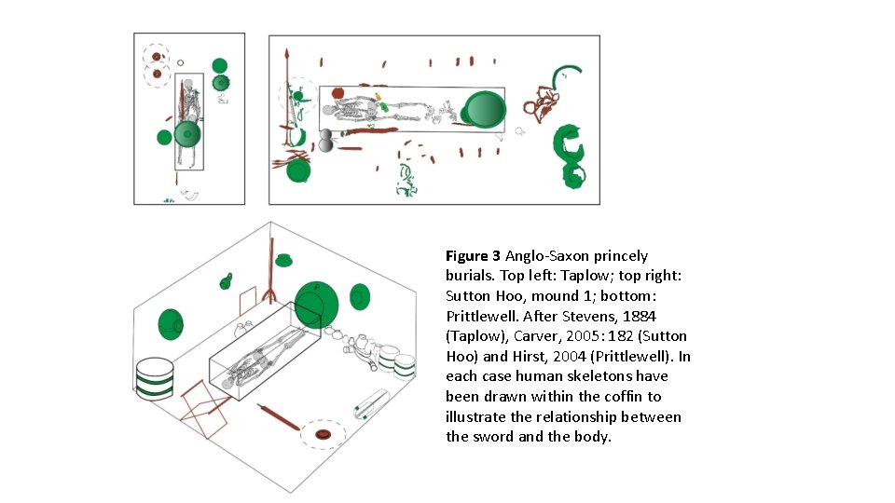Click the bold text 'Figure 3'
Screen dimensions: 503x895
coord(473,255)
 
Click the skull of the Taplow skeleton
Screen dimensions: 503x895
coord(188,86)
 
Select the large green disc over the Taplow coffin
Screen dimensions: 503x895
coord(187,134)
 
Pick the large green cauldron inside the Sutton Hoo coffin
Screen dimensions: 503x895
coord(484,109)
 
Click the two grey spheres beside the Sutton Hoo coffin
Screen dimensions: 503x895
coord(325,140)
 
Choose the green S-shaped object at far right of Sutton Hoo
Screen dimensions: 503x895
coord(569,154)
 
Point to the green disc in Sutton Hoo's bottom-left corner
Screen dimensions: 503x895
coord(298,170)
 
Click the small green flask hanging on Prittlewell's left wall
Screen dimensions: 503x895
coord(226,280)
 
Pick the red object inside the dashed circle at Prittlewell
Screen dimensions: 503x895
coord(324,433)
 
